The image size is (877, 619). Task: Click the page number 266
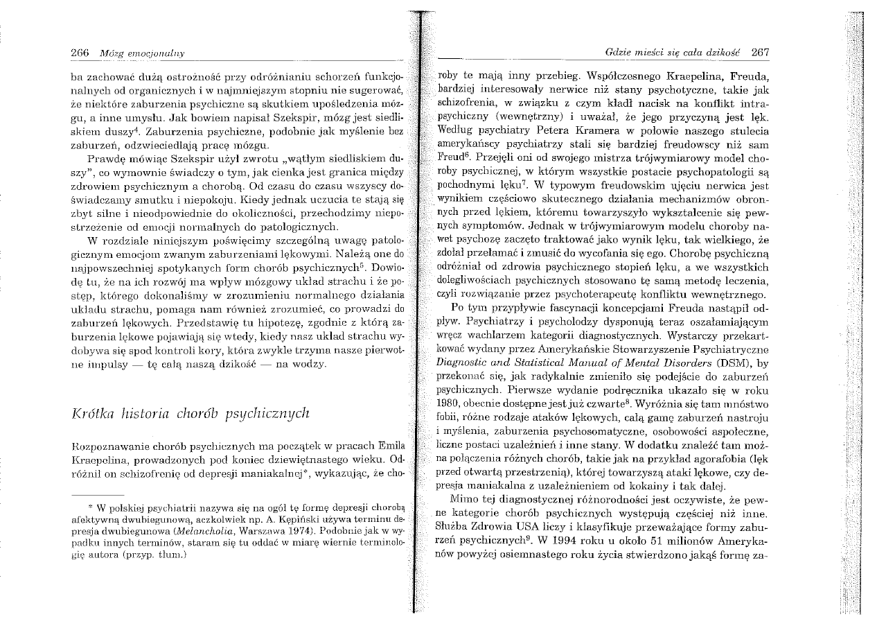pos(82,53)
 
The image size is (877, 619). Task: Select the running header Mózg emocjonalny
pos(130,53)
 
